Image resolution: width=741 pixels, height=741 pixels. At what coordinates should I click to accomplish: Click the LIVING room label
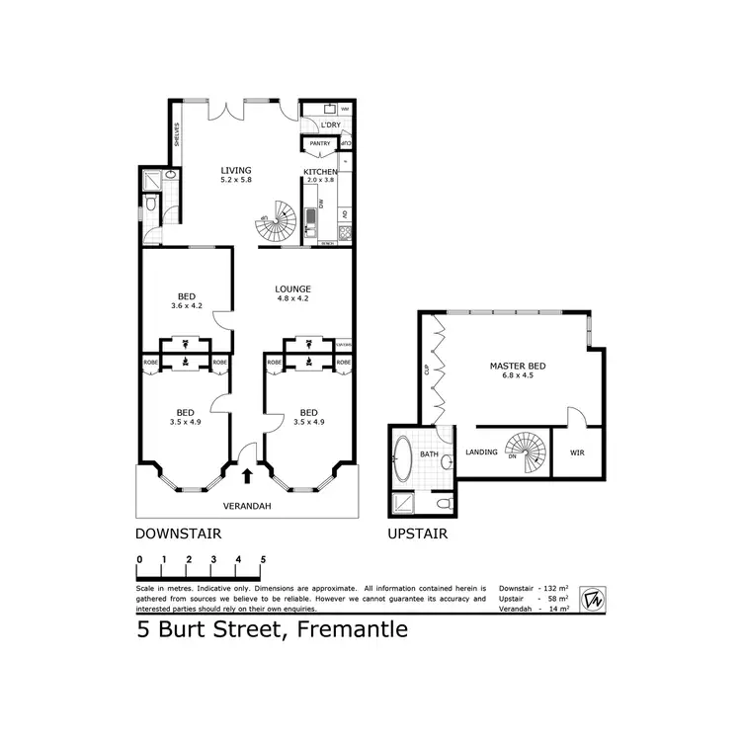point(235,171)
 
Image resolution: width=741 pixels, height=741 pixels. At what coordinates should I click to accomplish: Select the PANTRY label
point(319,144)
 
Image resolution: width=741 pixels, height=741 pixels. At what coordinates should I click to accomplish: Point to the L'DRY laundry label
point(329,125)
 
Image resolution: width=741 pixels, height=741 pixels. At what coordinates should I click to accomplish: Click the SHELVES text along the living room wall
point(177,134)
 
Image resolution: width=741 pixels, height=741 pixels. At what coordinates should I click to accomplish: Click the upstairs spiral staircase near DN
point(525,452)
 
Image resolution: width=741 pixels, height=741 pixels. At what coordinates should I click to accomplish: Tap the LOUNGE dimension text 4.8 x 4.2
point(293,299)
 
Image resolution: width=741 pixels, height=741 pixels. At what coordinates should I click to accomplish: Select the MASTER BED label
point(517,367)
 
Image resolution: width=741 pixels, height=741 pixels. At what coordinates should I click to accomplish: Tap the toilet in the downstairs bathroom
point(148,205)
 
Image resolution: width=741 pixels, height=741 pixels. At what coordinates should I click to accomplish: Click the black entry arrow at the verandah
point(246,475)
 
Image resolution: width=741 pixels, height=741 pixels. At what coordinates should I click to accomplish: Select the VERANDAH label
point(247,506)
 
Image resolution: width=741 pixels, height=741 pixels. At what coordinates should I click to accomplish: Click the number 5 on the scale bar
point(263,559)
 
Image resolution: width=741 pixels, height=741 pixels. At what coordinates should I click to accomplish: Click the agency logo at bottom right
point(592,598)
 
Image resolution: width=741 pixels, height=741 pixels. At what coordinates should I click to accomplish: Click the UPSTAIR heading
point(417,534)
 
